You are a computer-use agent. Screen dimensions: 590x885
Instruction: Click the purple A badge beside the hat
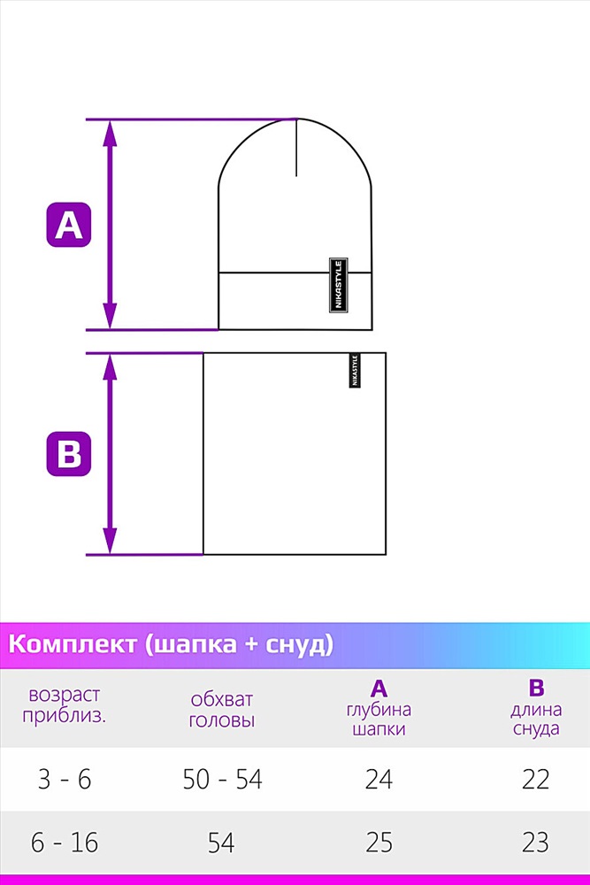pos(68,225)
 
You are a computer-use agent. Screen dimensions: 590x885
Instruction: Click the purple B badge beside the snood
pos(68,454)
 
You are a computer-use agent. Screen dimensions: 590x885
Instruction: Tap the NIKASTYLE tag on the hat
pos(339,285)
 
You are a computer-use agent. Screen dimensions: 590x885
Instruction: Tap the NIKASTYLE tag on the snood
pos(354,370)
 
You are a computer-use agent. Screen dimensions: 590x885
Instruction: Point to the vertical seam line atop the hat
pos(296,147)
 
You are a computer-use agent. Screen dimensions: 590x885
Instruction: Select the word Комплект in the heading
pos(73,644)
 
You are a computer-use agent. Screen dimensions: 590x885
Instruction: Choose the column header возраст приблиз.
pos(65,705)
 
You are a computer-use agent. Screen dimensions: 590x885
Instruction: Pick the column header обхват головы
pos(222,710)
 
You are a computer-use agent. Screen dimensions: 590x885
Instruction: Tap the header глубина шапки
pos(379,719)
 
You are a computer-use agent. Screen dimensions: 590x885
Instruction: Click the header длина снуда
pos(536,719)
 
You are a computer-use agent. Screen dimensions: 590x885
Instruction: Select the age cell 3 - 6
pos(65,780)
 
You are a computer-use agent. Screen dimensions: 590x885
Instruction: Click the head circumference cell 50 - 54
pos(222,780)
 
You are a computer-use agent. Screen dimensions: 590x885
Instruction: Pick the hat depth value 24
pos(379,780)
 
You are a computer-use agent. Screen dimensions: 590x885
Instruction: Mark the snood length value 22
pos(535,780)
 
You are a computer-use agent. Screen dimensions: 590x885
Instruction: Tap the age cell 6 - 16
pos(65,843)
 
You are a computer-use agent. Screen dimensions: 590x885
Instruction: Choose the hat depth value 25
pos(379,843)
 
